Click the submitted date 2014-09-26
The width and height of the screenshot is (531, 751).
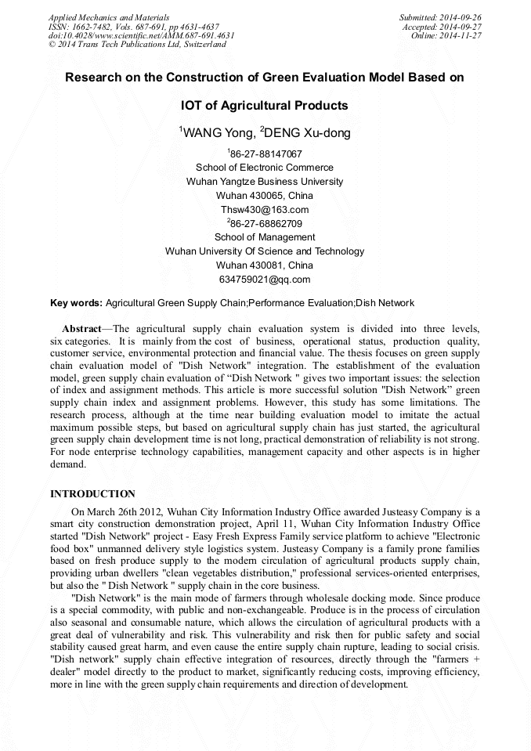point(458,17)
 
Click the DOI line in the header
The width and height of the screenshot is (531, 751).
point(141,36)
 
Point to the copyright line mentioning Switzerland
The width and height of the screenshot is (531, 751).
point(137,45)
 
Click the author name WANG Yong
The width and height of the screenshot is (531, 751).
point(214,133)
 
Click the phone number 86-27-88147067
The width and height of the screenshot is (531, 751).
point(266,153)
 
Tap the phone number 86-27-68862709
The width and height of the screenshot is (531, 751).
point(266,223)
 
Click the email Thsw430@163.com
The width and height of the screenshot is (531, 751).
point(265,209)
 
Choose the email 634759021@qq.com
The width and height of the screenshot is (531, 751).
point(265,279)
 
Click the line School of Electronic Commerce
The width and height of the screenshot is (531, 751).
point(265,168)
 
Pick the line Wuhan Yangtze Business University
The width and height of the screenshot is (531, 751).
point(265,182)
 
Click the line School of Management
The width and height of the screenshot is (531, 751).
point(265,237)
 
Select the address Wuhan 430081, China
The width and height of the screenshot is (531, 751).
point(265,265)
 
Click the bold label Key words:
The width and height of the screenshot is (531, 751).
point(76,303)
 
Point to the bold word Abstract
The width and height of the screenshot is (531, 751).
point(81,328)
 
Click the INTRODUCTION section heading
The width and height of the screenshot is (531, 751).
point(92,494)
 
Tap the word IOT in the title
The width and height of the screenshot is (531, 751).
point(193,105)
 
